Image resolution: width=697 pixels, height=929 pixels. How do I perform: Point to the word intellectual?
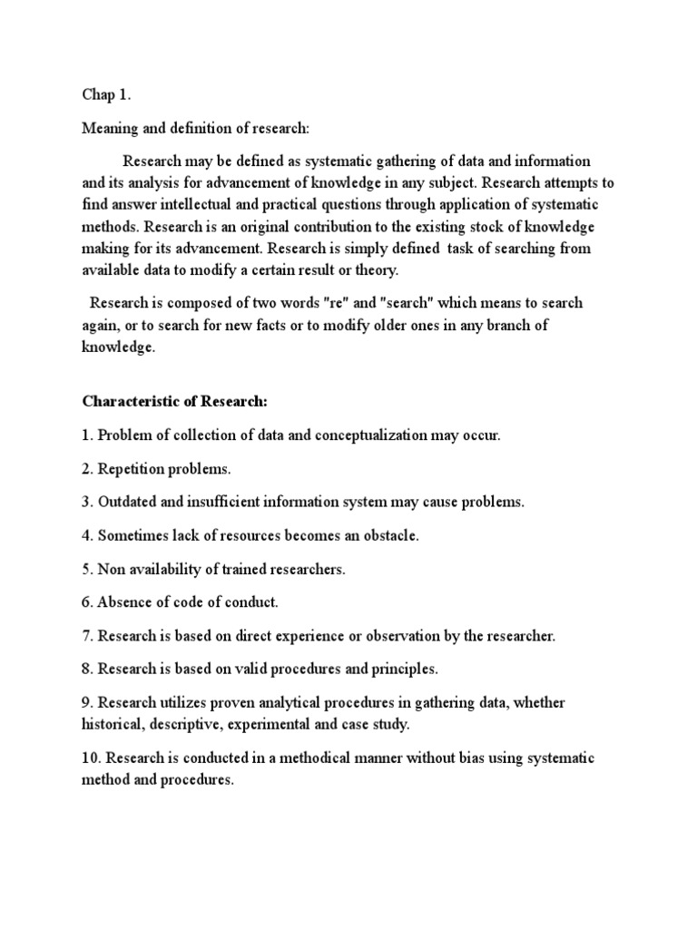(207, 204)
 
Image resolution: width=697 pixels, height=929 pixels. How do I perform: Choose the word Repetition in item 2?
(131, 468)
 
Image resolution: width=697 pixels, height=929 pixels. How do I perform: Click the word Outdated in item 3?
(129, 502)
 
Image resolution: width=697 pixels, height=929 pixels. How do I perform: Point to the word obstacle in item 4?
(388, 535)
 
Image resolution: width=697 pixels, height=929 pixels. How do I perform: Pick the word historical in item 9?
(113, 725)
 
